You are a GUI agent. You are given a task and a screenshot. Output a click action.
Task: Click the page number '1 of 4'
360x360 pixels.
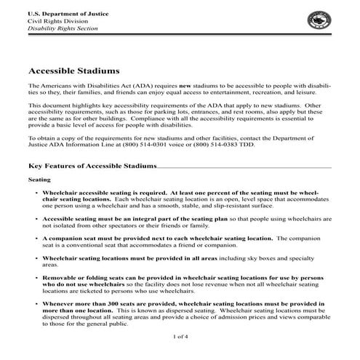coord(181,337)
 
